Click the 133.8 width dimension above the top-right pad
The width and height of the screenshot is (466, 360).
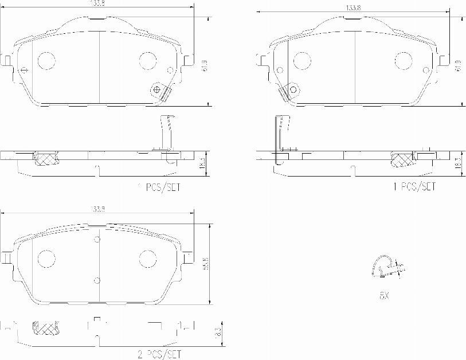tap(353, 8)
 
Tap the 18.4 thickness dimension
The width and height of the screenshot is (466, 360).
tap(202, 165)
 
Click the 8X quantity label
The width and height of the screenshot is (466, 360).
tap(383, 296)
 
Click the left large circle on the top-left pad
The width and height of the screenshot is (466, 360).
tap(46, 60)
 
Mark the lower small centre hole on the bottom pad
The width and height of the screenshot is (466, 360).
tap(97, 280)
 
